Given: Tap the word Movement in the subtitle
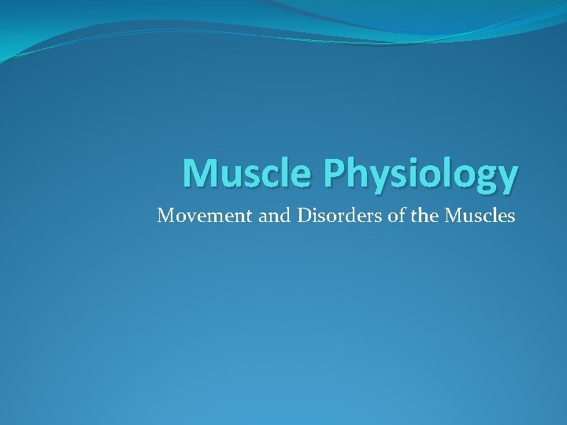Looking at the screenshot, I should tap(205, 215).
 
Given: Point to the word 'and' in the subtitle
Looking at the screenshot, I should tap(275, 215).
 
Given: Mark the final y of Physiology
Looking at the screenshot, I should tap(506, 179).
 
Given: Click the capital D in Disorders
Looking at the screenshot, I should tap(304, 215).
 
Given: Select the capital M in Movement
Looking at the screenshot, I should tap(165, 215).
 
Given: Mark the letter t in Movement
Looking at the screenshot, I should tap(250, 215).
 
